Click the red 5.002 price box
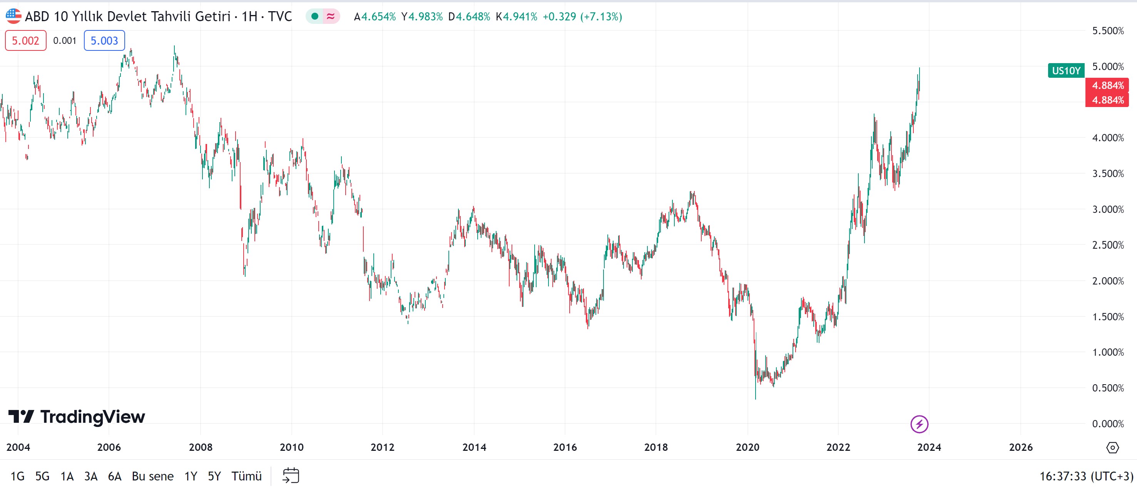click(26, 41)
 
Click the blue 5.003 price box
click(104, 41)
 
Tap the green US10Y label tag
click(1065, 71)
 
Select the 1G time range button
click(18, 476)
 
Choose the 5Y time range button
click(214, 476)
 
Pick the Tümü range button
click(246, 476)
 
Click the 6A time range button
click(115, 476)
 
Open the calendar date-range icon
click(291, 476)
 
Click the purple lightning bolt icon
click(920, 424)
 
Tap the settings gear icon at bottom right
click(1113, 447)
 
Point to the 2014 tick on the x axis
click(474, 447)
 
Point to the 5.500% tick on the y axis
click(1108, 31)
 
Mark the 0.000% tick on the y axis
click(1108, 424)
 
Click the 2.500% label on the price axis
click(1108, 245)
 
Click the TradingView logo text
click(92, 417)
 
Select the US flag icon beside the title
click(13, 16)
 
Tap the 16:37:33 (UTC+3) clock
click(1086, 476)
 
